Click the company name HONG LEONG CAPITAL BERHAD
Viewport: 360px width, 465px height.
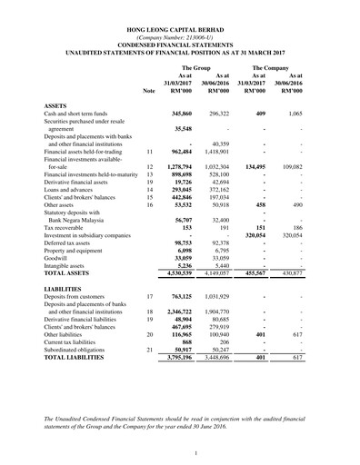[179, 31]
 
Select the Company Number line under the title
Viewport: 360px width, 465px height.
[179, 39]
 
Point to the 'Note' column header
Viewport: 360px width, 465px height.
[149, 92]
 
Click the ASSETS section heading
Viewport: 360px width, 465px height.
[56, 106]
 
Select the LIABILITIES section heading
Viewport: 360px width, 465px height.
[64, 312]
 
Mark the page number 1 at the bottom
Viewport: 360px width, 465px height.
[180, 452]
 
